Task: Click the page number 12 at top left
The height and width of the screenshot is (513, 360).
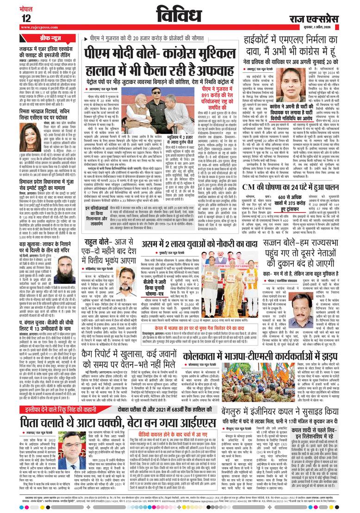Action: point(26,18)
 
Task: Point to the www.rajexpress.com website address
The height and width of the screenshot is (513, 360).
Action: point(38,27)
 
